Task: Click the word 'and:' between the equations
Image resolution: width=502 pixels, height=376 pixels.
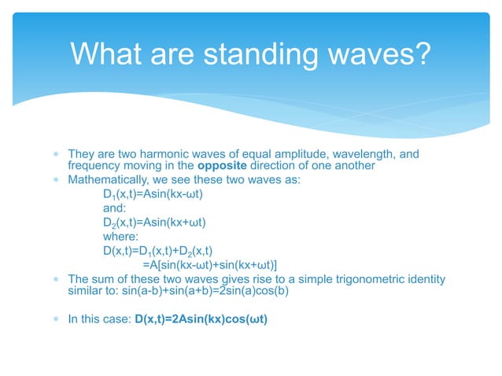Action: click(115, 208)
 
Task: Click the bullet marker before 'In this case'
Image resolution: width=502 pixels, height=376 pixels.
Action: click(57, 319)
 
